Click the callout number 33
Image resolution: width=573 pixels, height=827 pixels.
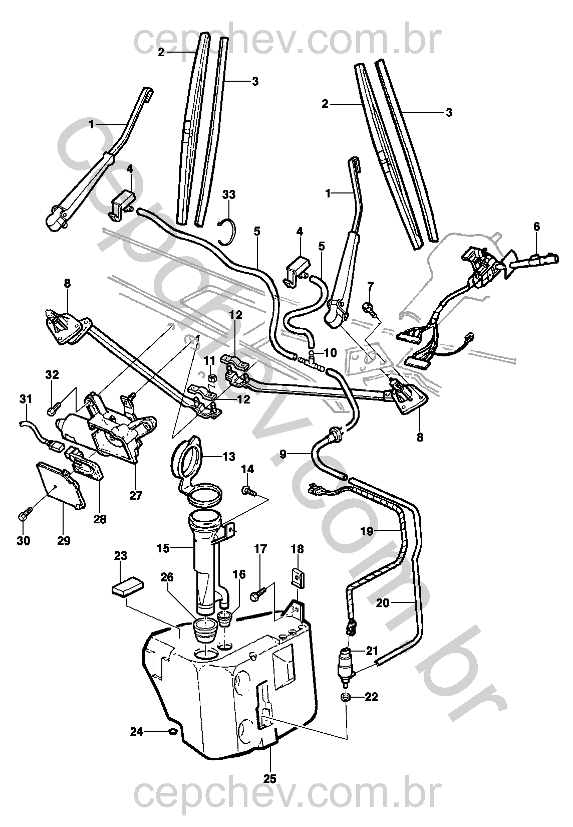pyautogui.click(x=228, y=194)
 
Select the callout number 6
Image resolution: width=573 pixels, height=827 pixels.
pyautogui.click(x=536, y=227)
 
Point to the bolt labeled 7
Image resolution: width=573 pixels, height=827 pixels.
pyautogui.click(x=370, y=308)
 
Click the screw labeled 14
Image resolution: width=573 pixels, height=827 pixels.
pyautogui.click(x=248, y=491)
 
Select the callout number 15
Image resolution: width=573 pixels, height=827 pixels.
pyautogui.click(x=163, y=548)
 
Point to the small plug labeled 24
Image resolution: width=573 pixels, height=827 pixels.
pyautogui.click(x=172, y=732)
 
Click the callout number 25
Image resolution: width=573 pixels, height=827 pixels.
pyautogui.click(x=270, y=779)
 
